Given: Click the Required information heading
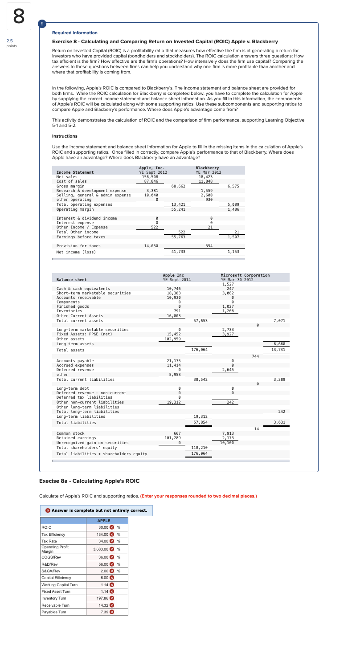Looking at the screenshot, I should (74, 33).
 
